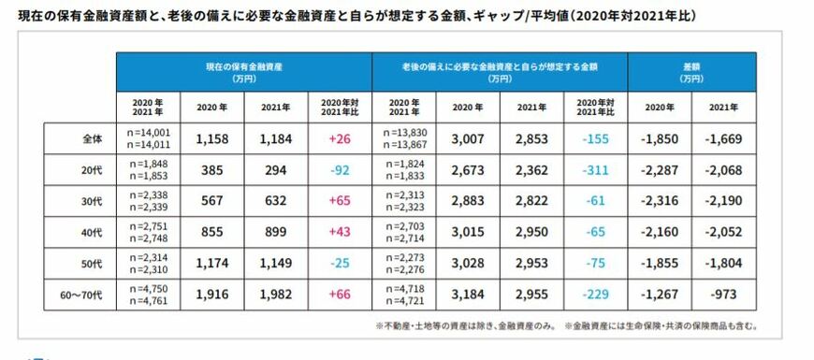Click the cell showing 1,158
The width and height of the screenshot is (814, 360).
pos(212,138)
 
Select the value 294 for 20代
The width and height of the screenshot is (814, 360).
pos(276,171)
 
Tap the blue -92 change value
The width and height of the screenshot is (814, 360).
pos(340,171)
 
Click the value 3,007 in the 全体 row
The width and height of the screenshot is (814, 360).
pos(467,138)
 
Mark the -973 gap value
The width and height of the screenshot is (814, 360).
pos(724,296)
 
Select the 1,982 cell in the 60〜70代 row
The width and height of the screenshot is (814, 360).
pos(276,296)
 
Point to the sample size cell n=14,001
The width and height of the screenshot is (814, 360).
pos(148,134)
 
